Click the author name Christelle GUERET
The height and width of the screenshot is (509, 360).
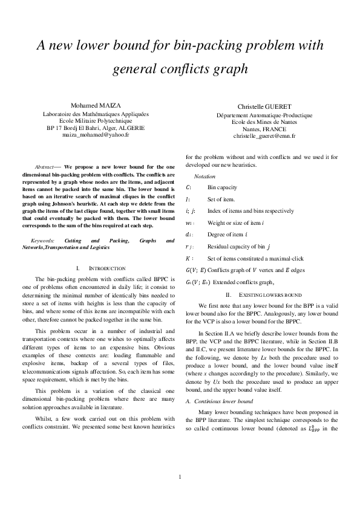click(x=264, y=106)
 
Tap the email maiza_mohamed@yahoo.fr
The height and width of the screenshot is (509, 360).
click(x=96, y=135)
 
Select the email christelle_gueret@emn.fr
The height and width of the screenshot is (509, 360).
click(x=264, y=137)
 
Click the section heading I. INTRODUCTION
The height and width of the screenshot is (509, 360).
click(x=101, y=267)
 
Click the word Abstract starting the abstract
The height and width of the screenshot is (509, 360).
click(x=46, y=166)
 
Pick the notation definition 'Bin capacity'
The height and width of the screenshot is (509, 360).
click(x=223, y=187)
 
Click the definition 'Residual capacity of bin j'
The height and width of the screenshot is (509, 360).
click(x=239, y=247)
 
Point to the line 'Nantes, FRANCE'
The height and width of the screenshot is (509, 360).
click(x=264, y=129)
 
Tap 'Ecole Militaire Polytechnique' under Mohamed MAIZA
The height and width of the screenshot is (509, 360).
click(x=96, y=120)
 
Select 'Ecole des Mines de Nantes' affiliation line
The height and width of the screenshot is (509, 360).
click(x=264, y=122)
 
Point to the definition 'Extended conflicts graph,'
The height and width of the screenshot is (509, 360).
click(x=240, y=282)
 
